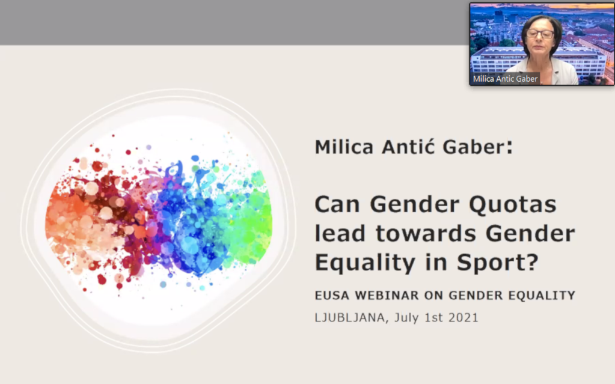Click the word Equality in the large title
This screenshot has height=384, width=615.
click(x=365, y=263)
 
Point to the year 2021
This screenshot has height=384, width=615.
click(x=464, y=317)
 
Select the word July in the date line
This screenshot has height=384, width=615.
click(x=407, y=318)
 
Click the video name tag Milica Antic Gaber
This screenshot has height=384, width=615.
click(x=505, y=79)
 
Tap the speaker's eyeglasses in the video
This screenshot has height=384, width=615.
click(x=540, y=34)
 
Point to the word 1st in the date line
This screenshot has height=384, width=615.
click(x=434, y=317)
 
